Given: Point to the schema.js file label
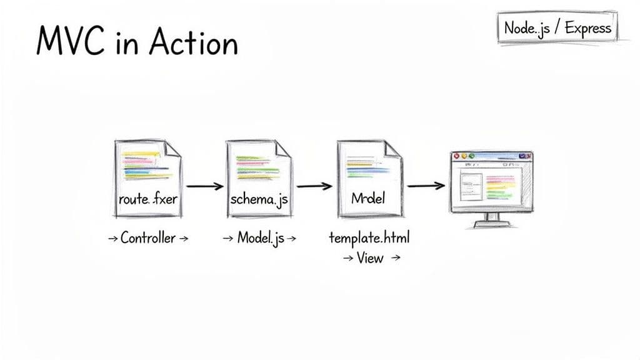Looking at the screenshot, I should pyautogui.click(x=259, y=200).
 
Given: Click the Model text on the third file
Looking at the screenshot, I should pyautogui.click(x=368, y=199).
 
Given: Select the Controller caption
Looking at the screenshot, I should pyautogui.click(x=147, y=238).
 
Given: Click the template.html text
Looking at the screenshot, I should pyautogui.click(x=369, y=238).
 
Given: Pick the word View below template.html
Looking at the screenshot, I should pyautogui.click(x=370, y=257).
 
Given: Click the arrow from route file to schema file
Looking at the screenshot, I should pyautogui.click(x=204, y=186).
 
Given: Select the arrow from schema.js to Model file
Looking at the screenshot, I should pyautogui.click(x=314, y=186).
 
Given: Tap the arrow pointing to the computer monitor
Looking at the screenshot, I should pyautogui.click(x=426, y=186).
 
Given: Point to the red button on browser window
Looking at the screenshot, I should pyautogui.click(x=456, y=156).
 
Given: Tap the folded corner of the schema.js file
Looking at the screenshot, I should pyautogui.click(x=282, y=149).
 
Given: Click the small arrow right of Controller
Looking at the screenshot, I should pyautogui.click(x=183, y=239).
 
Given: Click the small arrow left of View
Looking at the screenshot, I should pyautogui.click(x=347, y=258).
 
